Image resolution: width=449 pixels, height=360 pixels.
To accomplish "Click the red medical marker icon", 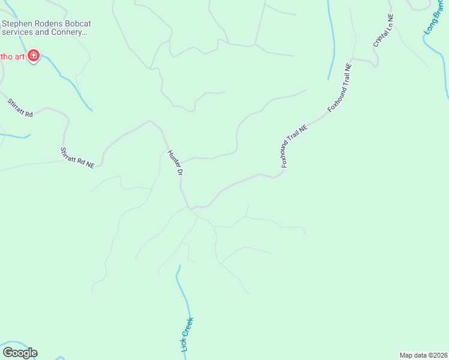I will click(34, 56).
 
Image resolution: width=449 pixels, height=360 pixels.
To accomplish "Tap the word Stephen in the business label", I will click(17, 24).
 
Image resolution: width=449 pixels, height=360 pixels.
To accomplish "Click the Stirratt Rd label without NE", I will click(20, 108).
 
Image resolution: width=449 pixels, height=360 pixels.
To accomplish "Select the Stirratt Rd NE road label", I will click(77, 157).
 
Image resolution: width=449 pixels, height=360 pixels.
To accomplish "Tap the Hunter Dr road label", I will click(175, 163).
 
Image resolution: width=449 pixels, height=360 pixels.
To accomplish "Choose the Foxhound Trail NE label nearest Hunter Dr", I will click(294, 146).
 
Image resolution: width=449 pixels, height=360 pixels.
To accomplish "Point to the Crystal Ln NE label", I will click(382, 32).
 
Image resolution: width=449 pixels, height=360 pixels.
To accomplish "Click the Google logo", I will click(20, 353).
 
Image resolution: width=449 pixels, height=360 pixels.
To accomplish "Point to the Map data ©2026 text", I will click(423, 355).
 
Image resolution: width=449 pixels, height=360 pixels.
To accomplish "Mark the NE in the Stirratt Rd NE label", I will click(90, 164).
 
